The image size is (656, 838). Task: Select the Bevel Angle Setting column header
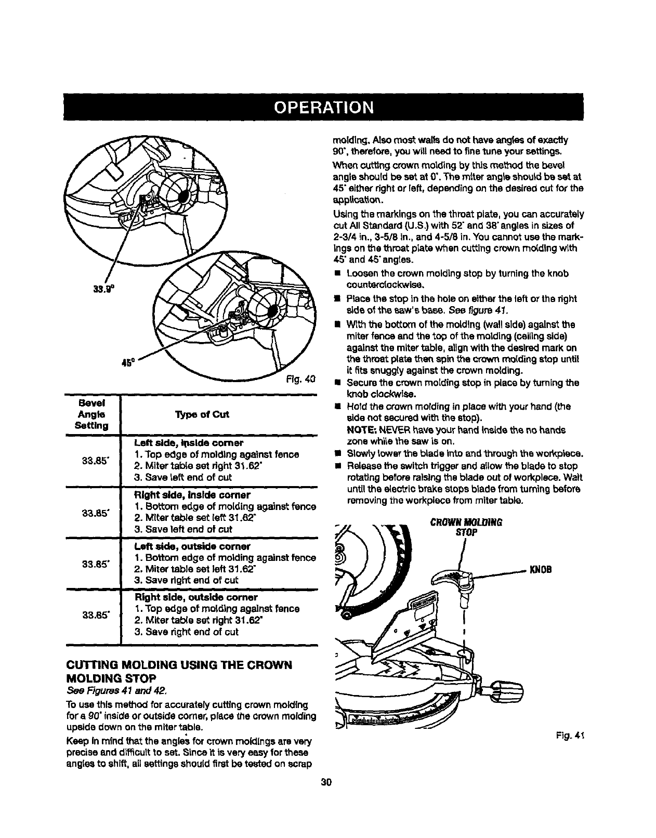click(91, 414)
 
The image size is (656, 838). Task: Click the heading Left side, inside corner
click(189, 443)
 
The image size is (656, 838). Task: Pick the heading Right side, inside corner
click(192, 495)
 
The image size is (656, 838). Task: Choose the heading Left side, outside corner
click(192, 546)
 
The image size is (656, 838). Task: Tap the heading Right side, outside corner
click(196, 597)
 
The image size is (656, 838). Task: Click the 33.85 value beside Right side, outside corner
click(95, 615)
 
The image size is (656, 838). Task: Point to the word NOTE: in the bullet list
click(361, 430)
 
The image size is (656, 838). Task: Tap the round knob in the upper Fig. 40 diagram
click(177, 194)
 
